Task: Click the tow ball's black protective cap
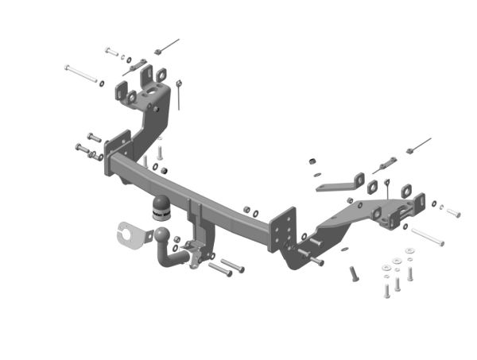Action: point(160,208)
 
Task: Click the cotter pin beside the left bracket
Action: point(182,94)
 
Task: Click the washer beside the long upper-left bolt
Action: point(103,81)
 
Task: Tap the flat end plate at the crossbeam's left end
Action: point(119,150)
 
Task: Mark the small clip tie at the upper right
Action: point(417,145)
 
